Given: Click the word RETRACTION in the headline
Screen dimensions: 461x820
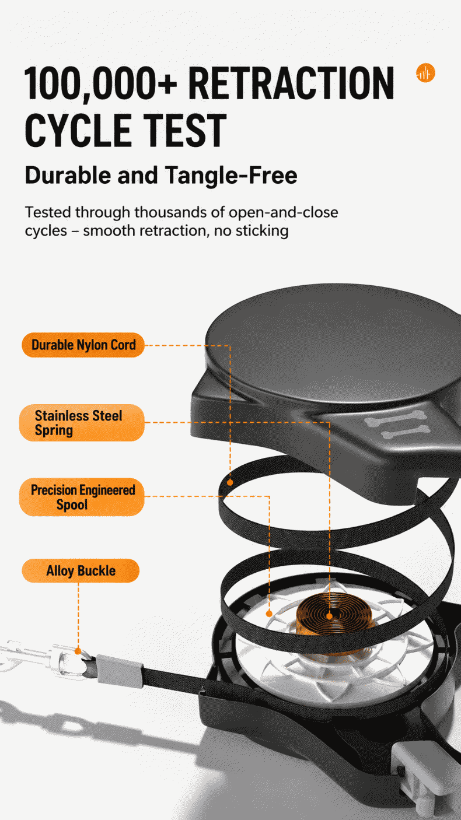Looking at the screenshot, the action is click(x=291, y=83).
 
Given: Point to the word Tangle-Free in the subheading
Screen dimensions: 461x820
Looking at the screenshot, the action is click(x=231, y=175).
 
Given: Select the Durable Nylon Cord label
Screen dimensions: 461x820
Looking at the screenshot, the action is click(x=83, y=345).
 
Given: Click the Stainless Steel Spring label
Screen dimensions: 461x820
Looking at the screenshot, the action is click(x=82, y=423).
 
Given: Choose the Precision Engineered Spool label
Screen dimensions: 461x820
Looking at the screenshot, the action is click(x=82, y=497).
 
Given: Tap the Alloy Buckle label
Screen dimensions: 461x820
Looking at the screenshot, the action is click(x=81, y=571).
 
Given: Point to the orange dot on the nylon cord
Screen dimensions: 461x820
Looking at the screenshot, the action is click(x=230, y=482).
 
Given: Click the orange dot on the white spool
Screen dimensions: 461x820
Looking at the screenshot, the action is click(x=269, y=614).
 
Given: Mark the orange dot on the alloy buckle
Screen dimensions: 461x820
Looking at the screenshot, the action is click(x=78, y=651).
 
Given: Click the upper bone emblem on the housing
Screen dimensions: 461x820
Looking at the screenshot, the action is click(x=396, y=419).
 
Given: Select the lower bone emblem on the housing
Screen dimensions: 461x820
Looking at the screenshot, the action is click(x=404, y=432).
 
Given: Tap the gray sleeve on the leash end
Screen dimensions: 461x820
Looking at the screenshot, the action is click(x=120, y=671).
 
